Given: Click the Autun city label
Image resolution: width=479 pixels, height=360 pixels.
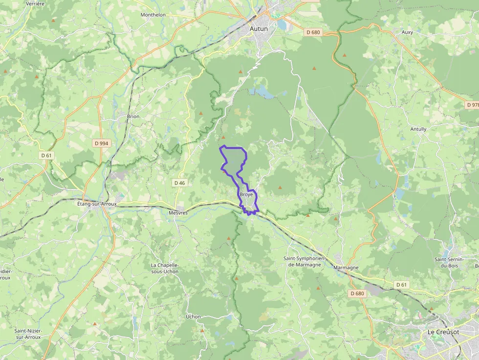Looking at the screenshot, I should (x=259, y=29).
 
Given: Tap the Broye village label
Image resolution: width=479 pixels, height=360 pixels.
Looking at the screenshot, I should (x=246, y=194).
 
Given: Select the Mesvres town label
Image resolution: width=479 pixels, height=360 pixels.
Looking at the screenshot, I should (x=178, y=213).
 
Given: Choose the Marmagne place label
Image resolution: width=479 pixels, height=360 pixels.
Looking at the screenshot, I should (x=346, y=268).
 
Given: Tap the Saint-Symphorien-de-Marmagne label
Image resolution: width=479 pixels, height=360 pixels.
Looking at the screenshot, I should (x=302, y=261).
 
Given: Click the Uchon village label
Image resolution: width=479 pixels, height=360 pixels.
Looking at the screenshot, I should (x=193, y=317).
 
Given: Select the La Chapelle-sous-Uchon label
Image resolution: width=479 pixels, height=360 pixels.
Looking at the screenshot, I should (x=165, y=268).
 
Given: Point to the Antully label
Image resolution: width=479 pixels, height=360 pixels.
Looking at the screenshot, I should (x=418, y=129).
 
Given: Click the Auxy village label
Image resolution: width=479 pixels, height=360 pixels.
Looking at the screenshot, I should (x=407, y=32).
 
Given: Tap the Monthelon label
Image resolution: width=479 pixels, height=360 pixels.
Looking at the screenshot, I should (x=153, y=15).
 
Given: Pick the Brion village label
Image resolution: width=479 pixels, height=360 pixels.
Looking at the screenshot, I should (x=133, y=117).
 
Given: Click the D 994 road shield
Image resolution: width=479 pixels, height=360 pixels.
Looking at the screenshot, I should (x=101, y=143).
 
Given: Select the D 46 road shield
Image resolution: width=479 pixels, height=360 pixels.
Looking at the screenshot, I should (x=179, y=183).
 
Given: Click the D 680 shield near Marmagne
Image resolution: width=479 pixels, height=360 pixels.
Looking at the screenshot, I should (x=357, y=294).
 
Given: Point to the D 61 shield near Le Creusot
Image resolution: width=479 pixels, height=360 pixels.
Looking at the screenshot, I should (x=401, y=284).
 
